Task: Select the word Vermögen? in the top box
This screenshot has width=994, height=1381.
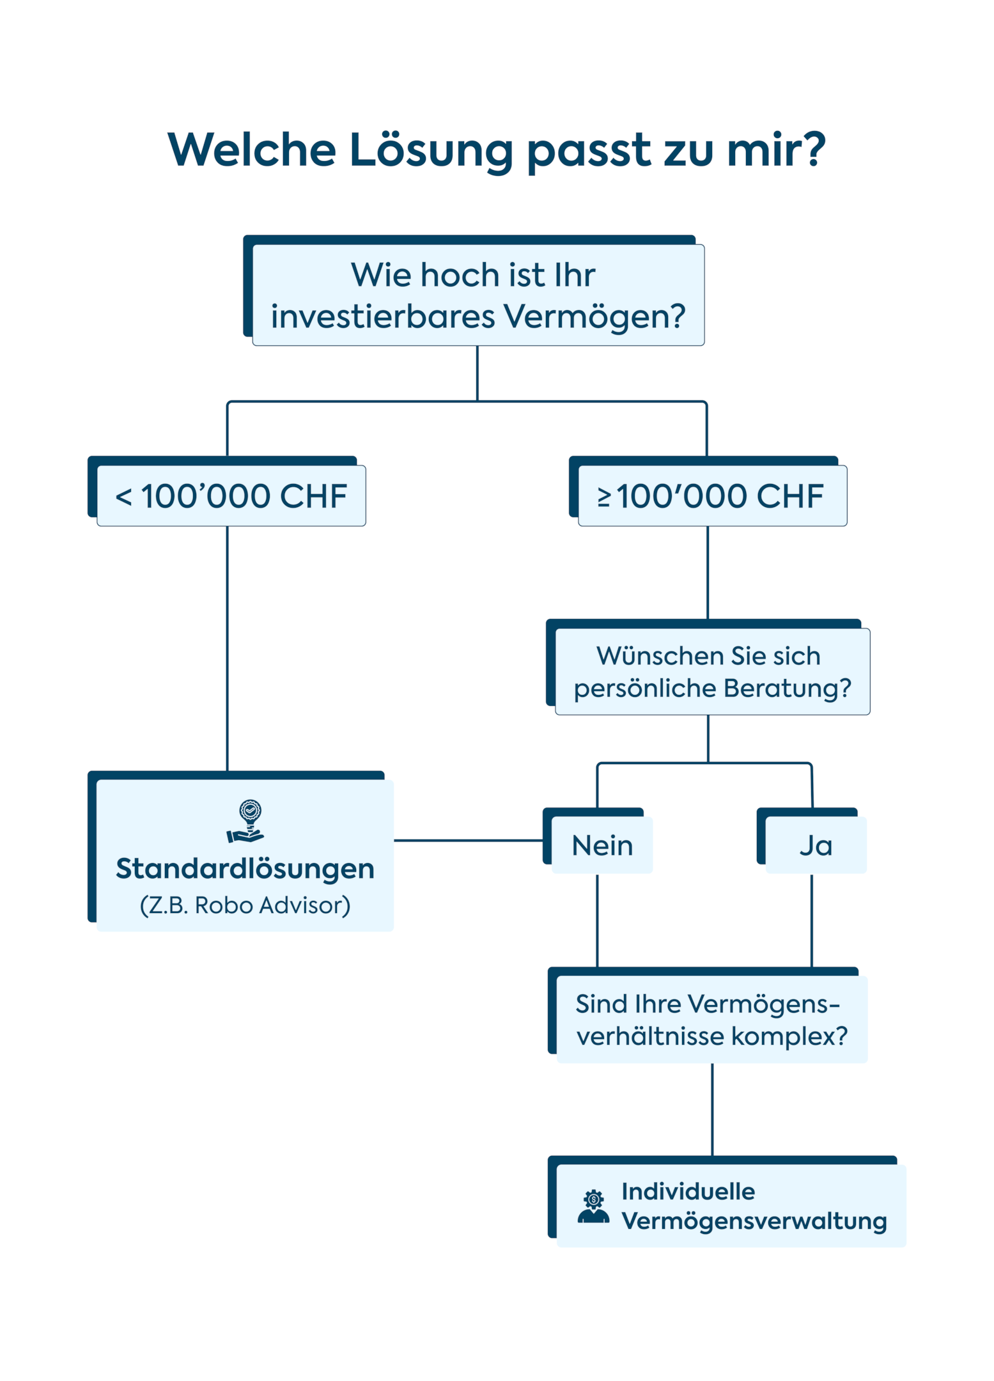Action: point(594,316)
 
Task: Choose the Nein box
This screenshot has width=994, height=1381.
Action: point(602,845)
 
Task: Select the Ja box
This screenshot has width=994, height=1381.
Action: point(815,845)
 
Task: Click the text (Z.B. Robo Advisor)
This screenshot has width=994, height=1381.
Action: point(245,905)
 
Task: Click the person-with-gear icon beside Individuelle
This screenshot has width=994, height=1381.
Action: point(593,1206)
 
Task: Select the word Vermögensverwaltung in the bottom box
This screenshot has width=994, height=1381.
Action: point(754,1221)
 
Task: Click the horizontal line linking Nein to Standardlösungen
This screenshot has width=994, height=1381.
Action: point(468,840)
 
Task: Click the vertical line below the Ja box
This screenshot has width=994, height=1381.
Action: point(811,921)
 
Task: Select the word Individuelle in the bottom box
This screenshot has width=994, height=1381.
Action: point(688,1191)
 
